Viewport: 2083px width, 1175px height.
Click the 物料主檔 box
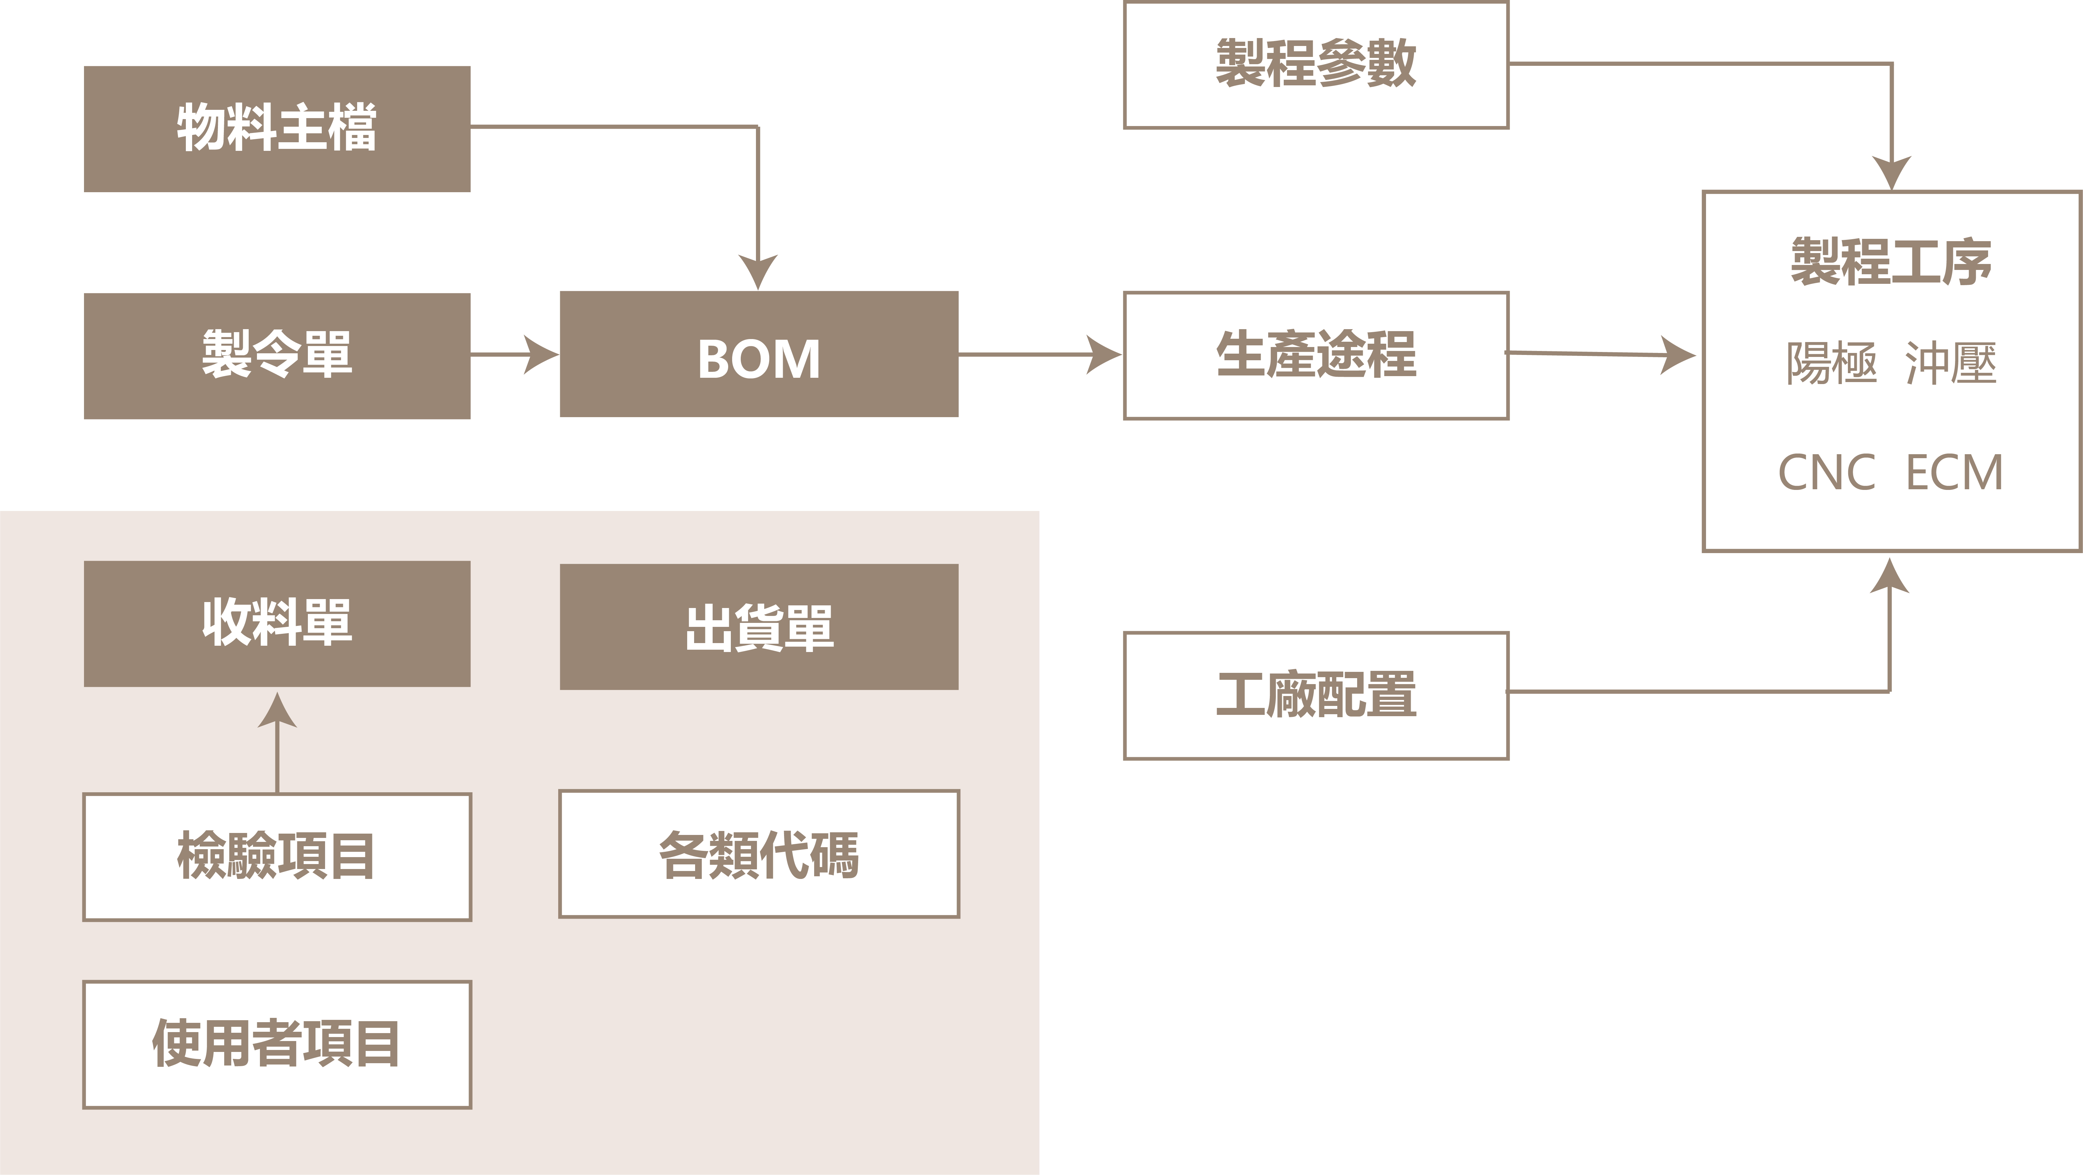[x=276, y=129]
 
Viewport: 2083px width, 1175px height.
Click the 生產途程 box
[x=1315, y=355]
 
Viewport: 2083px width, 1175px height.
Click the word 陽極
[x=1831, y=363]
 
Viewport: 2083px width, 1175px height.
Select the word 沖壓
[x=1950, y=363]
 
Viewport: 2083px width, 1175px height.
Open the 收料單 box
[x=276, y=624]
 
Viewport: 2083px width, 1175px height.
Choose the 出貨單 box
[x=759, y=627]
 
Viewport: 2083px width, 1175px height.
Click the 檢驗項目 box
[x=276, y=856]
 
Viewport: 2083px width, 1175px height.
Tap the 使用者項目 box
[x=276, y=1044]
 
